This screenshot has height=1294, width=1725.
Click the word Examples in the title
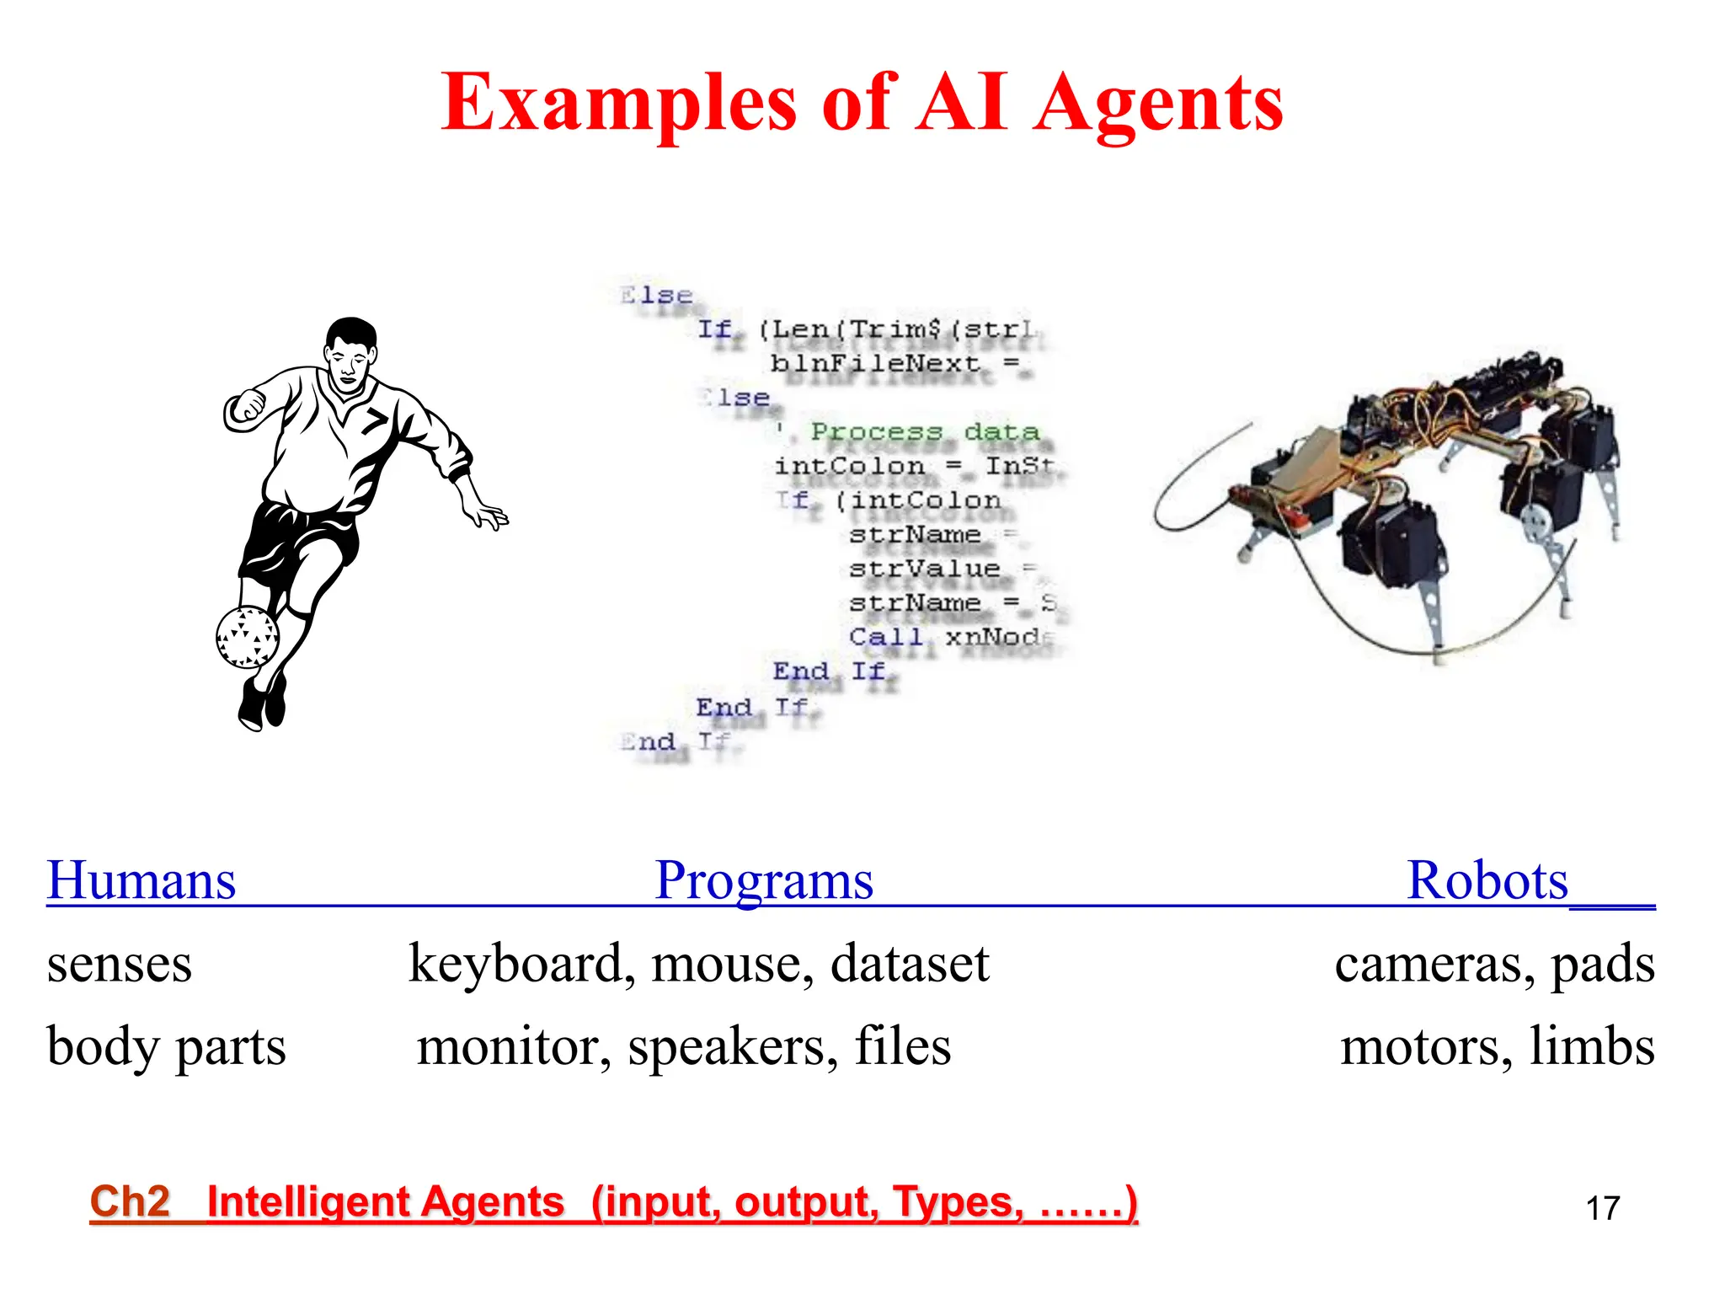[x=619, y=104]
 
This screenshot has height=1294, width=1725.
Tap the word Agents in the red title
[x=1159, y=104]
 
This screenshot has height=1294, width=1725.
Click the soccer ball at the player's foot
[x=247, y=637]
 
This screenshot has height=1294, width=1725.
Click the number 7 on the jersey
[x=376, y=419]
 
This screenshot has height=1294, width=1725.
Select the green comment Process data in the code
[x=924, y=432]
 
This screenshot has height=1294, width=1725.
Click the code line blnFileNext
[x=876, y=364]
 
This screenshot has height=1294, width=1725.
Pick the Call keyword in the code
[x=885, y=637]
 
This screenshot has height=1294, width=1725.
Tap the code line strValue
[x=924, y=569]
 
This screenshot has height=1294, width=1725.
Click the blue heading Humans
[x=142, y=881]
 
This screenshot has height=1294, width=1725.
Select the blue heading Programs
[x=764, y=881]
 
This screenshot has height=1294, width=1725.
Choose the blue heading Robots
[x=1487, y=881]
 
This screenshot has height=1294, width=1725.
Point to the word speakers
[x=732, y=1047]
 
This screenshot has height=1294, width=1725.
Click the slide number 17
[x=1602, y=1208]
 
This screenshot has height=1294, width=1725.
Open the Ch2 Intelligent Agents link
[x=613, y=1201]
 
